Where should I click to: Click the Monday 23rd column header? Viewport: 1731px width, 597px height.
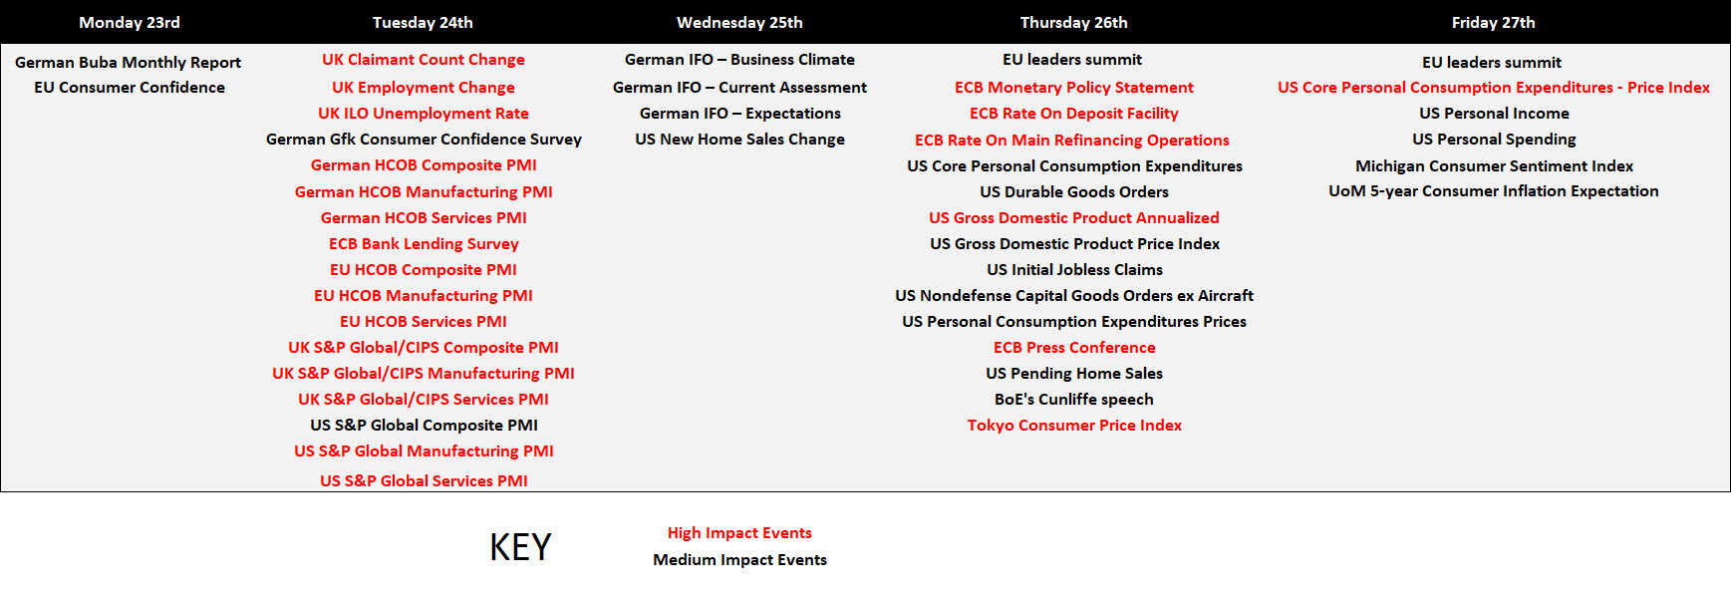coord(130,22)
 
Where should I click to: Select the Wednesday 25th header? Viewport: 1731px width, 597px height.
coord(739,22)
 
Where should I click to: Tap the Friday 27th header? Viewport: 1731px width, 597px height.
coord(1493,22)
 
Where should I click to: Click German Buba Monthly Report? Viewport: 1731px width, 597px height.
coord(128,62)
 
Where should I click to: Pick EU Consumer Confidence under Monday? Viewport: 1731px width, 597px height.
coord(130,88)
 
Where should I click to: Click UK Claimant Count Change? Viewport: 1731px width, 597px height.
coord(424,60)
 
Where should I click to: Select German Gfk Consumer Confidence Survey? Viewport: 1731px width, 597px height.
coord(424,140)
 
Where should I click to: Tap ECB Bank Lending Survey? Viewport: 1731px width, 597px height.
coord(424,243)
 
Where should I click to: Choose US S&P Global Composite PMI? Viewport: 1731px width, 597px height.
coord(424,425)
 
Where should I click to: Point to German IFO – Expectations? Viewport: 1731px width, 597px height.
coord(739,114)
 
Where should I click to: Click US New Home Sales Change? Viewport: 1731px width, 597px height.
coord(739,140)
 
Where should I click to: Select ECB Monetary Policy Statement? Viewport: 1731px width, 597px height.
coord(1074,88)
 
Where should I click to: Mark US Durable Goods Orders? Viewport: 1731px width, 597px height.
coord(1074,191)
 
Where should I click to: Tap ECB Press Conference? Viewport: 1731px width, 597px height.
coord(1074,347)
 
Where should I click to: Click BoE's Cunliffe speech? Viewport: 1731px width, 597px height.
coord(1074,399)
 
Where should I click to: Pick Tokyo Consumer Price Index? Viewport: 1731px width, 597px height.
coord(1074,425)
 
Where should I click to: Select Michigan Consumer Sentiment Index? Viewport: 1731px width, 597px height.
coord(1494,165)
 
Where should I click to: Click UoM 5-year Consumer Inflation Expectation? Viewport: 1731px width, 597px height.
coord(1494,191)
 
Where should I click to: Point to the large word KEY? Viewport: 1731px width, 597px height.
coord(520,547)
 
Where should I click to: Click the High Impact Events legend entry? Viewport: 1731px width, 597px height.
coord(739,533)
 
